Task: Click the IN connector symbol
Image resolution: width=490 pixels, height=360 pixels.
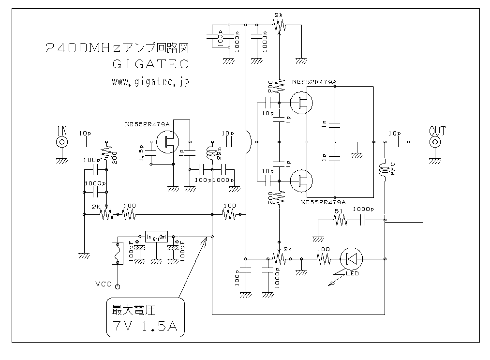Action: (x=62, y=142)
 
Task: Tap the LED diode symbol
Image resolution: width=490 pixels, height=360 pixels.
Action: (x=352, y=259)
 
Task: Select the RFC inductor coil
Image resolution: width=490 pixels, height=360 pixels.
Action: (x=385, y=170)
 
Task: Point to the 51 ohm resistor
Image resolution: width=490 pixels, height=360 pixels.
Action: (x=340, y=220)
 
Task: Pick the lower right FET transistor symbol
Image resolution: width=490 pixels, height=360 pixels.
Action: (x=301, y=181)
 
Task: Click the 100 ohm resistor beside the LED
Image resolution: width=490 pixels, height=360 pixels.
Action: (x=323, y=259)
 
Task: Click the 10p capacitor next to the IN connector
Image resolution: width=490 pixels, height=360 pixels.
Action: (x=84, y=142)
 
